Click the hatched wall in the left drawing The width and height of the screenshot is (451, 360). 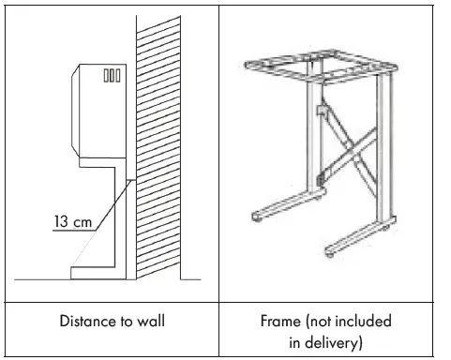click(x=157, y=150)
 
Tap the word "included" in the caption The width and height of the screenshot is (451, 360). click(x=363, y=322)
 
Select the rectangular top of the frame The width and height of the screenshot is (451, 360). click(x=319, y=69)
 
